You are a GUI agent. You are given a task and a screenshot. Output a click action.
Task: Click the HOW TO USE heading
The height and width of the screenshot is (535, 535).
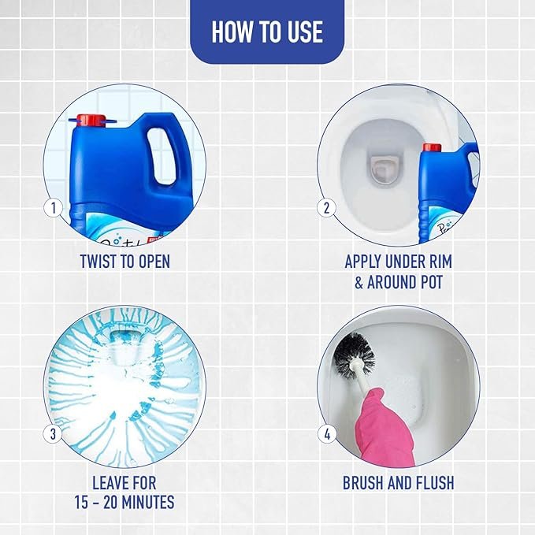click(x=267, y=32)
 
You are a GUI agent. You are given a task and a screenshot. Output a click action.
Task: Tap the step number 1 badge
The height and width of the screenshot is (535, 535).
click(x=54, y=208)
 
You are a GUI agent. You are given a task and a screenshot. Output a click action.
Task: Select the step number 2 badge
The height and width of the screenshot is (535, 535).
click(x=326, y=208)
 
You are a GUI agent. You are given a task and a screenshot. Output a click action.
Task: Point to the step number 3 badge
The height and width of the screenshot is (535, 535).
click(x=54, y=434)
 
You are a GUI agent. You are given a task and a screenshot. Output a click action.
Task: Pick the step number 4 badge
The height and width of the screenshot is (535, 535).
click(x=327, y=434)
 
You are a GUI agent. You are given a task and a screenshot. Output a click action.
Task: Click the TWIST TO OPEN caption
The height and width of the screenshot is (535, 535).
click(x=124, y=262)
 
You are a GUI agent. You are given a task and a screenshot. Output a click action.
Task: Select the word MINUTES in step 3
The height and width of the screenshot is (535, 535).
click(x=148, y=502)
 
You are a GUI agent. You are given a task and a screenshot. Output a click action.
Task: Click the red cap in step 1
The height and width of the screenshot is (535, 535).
click(x=91, y=121)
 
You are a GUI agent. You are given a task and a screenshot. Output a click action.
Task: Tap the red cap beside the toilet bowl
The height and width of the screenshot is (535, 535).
click(x=432, y=147)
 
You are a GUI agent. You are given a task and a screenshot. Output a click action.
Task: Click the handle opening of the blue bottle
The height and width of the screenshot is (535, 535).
click(x=162, y=156)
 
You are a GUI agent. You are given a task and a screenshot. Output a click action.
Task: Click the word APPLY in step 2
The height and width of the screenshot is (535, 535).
click(x=362, y=262)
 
